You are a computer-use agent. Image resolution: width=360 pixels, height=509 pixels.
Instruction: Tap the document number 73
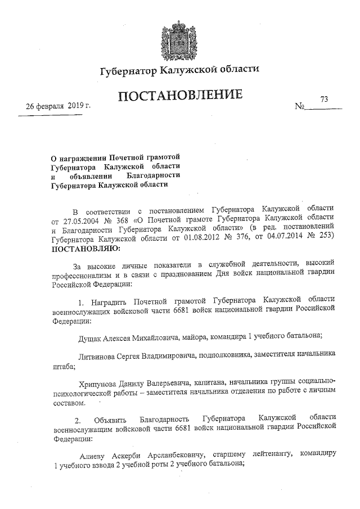(x=324, y=99)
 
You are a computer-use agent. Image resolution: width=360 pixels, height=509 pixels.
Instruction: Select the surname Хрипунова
(x=103, y=381)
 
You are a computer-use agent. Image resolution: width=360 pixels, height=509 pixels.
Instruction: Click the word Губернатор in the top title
(x=128, y=71)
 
